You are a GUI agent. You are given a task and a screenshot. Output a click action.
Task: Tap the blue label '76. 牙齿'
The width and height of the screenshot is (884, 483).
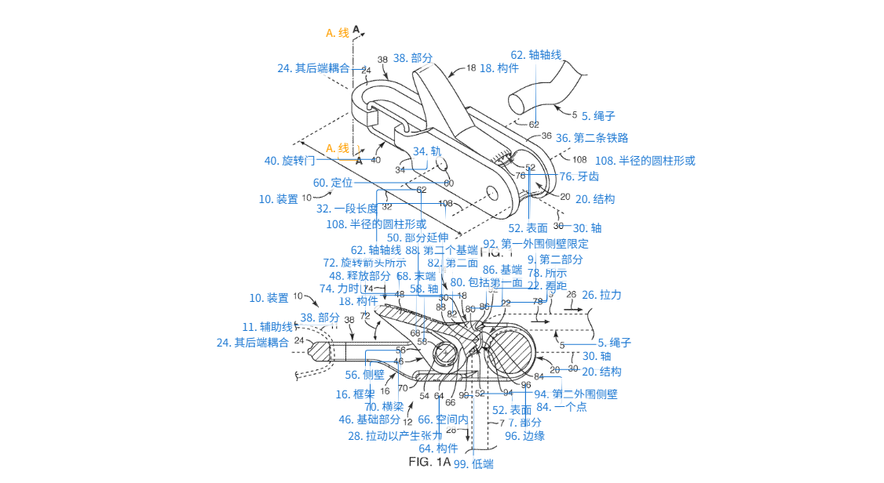(x=579, y=176)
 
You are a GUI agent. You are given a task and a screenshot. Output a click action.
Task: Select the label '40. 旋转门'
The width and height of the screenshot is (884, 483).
(x=289, y=161)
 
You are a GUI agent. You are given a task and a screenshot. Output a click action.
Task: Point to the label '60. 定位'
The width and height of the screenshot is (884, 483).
(x=332, y=183)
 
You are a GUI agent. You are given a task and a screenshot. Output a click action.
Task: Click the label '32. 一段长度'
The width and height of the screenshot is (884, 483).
(x=346, y=209)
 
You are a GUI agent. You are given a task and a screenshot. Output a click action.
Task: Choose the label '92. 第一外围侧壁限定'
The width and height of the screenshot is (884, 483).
(x=535, y=244)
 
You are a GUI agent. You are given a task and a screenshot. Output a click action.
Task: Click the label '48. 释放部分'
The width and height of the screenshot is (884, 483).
(x=360, y=276)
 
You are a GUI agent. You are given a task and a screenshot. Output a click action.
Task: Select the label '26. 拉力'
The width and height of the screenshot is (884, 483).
(x=601, y=295)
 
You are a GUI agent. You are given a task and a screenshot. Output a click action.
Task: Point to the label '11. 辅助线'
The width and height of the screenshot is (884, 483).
(x=267, y=326)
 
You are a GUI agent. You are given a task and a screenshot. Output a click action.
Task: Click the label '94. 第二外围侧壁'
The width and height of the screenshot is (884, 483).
(x=575, y=394)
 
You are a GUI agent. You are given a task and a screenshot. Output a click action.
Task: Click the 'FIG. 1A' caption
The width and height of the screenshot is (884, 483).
(x=429, y=462)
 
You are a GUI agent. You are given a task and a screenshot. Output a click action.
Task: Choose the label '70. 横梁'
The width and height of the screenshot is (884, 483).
(x=384, y=406)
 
